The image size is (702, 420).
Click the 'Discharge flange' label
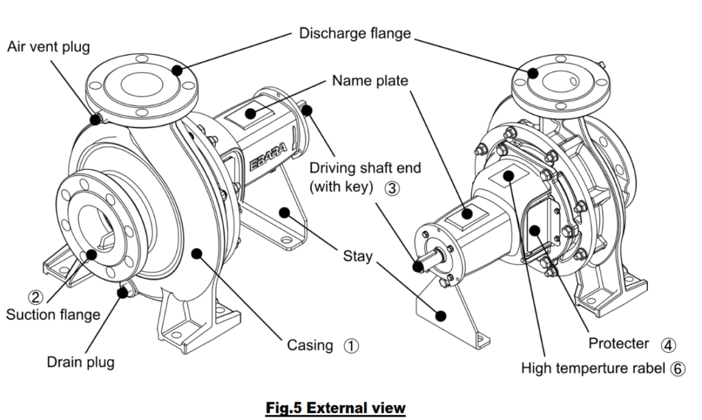(354, 34)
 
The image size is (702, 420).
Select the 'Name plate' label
(370, 81)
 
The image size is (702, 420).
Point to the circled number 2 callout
(35, 297)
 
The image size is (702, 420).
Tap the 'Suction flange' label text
(53, 315)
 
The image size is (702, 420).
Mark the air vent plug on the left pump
(97, 120)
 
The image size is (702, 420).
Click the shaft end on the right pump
(420, 264)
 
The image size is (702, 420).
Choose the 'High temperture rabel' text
(594, 369)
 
